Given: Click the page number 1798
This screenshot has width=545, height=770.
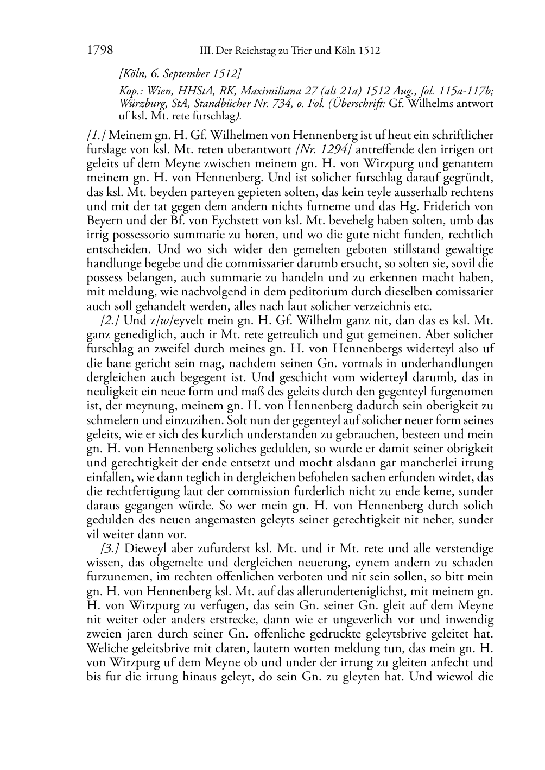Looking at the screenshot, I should pos(99,51).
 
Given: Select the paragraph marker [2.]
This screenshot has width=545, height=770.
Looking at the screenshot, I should pos(111,320).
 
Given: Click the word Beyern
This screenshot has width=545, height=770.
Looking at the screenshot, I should pos(105,220).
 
